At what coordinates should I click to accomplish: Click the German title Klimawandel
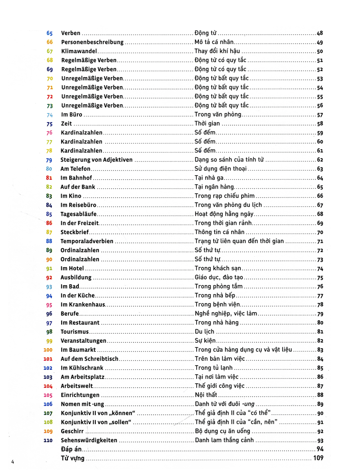point(79,51)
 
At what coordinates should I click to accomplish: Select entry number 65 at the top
point(49,33)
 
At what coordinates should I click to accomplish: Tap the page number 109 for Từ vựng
point(318,458)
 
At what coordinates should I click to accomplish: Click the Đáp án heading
point(71,449)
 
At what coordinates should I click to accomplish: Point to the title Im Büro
point(72,115)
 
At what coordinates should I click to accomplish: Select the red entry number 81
point(49,178)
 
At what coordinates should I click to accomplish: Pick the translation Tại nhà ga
point(209,178)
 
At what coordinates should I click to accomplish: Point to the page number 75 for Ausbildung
point(320,278)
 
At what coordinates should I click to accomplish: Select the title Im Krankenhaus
point(83,305)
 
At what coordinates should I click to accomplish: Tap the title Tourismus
point(75,332)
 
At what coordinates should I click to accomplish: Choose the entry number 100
point(48,350)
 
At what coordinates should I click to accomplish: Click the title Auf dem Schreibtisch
point(89,359)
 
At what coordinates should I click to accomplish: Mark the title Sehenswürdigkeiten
point(89,440)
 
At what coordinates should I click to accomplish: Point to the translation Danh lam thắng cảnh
point(224,440)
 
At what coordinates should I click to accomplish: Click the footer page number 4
point(13,461)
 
